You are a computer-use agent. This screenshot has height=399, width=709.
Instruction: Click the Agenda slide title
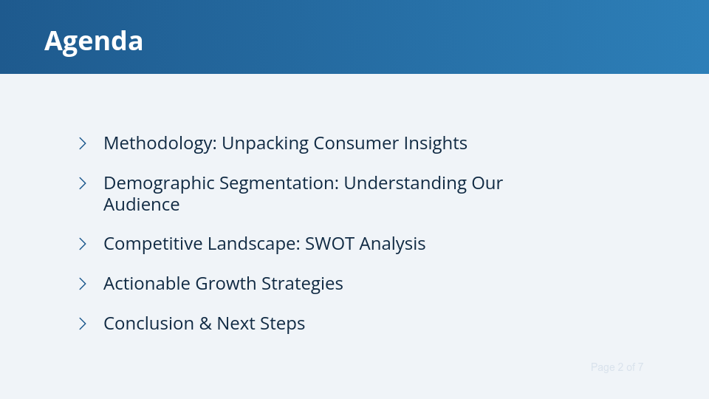pyautogui.click(x=94, y=41)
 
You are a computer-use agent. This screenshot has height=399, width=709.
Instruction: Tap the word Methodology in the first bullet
pyautogui.click(x=158, y=143)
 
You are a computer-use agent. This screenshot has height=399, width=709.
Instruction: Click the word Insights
pyautogui.click(x=435, y=143)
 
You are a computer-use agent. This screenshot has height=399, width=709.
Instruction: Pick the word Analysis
pyautogui.click(x=392, y=244)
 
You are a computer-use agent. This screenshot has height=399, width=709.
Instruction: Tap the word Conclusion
pyautogui.click(x=148, y=324)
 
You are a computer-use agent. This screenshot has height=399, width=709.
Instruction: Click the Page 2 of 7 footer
pyautogui.click(x=617, y=367)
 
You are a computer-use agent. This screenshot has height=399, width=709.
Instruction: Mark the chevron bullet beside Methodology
pyautogui.click(x=83, y=143)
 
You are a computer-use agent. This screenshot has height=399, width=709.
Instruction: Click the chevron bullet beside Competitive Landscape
pyautogui.click(x=83, y=244)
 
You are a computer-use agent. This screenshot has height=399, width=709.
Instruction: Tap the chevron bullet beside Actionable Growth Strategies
pyautogui.click(x=83, y=284)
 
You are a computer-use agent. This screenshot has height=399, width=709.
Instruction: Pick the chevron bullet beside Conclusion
pyautogui.click(x=83, y=324)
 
